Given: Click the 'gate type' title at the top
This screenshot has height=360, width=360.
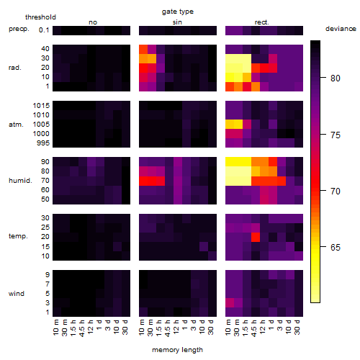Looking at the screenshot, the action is [x=178, y=12].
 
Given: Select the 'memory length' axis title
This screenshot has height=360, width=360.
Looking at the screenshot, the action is [x=177, y=350].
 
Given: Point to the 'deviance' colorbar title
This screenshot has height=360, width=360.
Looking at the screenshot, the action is [x=341, y=29].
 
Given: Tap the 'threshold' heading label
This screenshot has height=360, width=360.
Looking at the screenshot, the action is [x=40, y=17].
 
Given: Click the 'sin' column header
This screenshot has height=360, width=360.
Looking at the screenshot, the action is [x=177, y=22].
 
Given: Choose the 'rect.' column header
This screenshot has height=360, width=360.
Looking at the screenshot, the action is [x=261, y=22].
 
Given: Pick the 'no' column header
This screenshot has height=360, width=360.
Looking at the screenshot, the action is [x=93, y=22].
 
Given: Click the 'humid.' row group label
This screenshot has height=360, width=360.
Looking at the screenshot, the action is [x=20, y=181].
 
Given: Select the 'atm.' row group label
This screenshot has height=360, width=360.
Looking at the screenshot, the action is [x=16, y=125].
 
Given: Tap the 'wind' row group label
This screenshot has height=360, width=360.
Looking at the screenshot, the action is [x=17, y=294].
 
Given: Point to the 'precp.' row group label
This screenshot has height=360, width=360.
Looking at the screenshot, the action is [x=19, y=29].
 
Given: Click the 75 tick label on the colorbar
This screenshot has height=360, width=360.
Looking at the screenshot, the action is [x=336, y=135].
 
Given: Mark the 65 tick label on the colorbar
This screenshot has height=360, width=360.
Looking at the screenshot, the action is [x=336, y=248].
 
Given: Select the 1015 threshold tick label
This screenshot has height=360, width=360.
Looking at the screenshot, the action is [x=41, y=106].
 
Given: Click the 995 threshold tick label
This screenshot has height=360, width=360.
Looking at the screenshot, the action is [x=43, y=143].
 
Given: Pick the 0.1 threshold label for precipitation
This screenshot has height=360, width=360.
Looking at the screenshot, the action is [x=44, y=30].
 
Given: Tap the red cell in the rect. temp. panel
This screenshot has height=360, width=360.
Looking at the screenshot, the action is [x=256, y=237].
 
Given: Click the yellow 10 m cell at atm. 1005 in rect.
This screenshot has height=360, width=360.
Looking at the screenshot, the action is [x=230, y=125].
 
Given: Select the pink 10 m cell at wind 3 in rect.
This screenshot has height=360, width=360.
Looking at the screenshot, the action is [x=230, y=303].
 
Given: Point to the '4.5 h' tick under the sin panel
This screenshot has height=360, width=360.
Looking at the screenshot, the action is [x=168, y=328].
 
